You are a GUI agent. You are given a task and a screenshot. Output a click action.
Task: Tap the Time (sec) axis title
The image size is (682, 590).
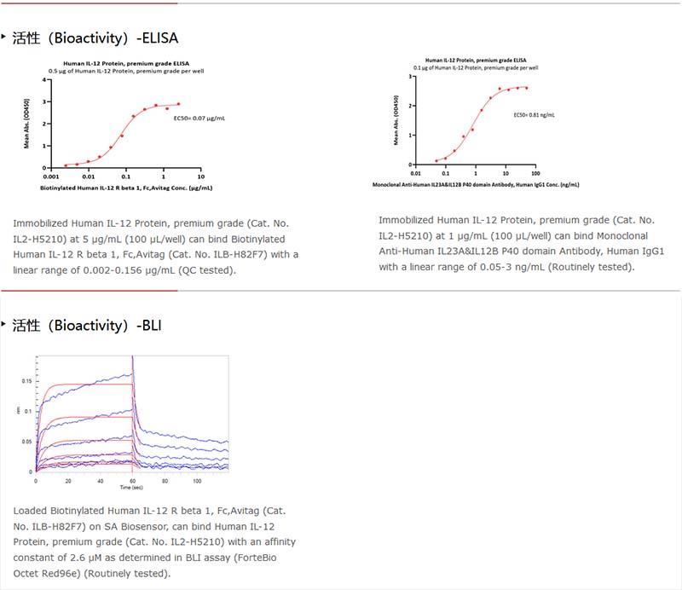(131, 489)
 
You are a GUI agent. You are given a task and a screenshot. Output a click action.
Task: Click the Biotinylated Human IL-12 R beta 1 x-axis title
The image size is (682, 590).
(126, 188)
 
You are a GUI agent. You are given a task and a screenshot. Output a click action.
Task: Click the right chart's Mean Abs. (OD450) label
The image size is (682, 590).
(396, 121)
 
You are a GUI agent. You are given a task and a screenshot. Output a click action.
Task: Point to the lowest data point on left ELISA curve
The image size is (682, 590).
(66, 165)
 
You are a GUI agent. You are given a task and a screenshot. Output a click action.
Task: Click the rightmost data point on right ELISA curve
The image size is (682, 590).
(526, 88)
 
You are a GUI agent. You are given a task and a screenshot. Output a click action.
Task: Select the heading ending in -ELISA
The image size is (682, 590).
(95, 38)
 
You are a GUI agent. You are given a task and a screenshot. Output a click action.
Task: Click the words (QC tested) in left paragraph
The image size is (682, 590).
(205, 269)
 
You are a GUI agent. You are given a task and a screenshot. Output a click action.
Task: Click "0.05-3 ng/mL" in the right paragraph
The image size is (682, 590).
(490, 267)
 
